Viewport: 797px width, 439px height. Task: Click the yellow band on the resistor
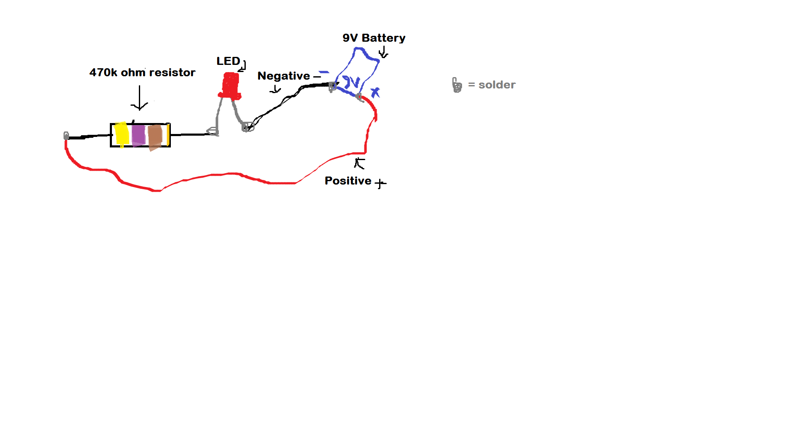[x=122, y=134]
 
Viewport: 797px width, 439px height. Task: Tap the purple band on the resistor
[x=138, y=135]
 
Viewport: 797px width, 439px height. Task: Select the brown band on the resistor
[x=155, y=137]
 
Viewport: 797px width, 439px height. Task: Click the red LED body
[x=230, y=86]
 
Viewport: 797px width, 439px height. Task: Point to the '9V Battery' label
[x=374, y=38]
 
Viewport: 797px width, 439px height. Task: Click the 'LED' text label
[x=228, y=61]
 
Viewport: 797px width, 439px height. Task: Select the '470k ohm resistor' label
[x=142, y=72]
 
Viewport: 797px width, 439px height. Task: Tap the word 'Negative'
[x=284, y=76]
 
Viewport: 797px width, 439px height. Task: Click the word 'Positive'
[x=348, y=181]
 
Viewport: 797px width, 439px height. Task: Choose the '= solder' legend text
[x=491, y=85]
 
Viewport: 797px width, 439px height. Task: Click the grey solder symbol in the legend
[x=457, y=85]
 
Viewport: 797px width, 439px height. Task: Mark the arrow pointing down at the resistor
[x=139, y=98]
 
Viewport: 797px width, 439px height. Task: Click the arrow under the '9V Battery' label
[x=383, y=52]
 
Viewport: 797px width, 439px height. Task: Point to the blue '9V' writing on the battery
[x=351, y=82]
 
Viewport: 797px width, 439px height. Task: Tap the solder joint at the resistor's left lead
[x=66, y=136]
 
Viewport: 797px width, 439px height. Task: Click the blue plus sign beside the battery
[x=375, y=92]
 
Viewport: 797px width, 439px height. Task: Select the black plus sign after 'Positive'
[x=380, y=183]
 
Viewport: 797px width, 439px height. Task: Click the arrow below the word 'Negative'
[x=275, y=89]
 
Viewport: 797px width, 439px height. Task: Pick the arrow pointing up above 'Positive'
[x=359, y=163]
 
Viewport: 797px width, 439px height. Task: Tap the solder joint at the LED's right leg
[x=248, y=127]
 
